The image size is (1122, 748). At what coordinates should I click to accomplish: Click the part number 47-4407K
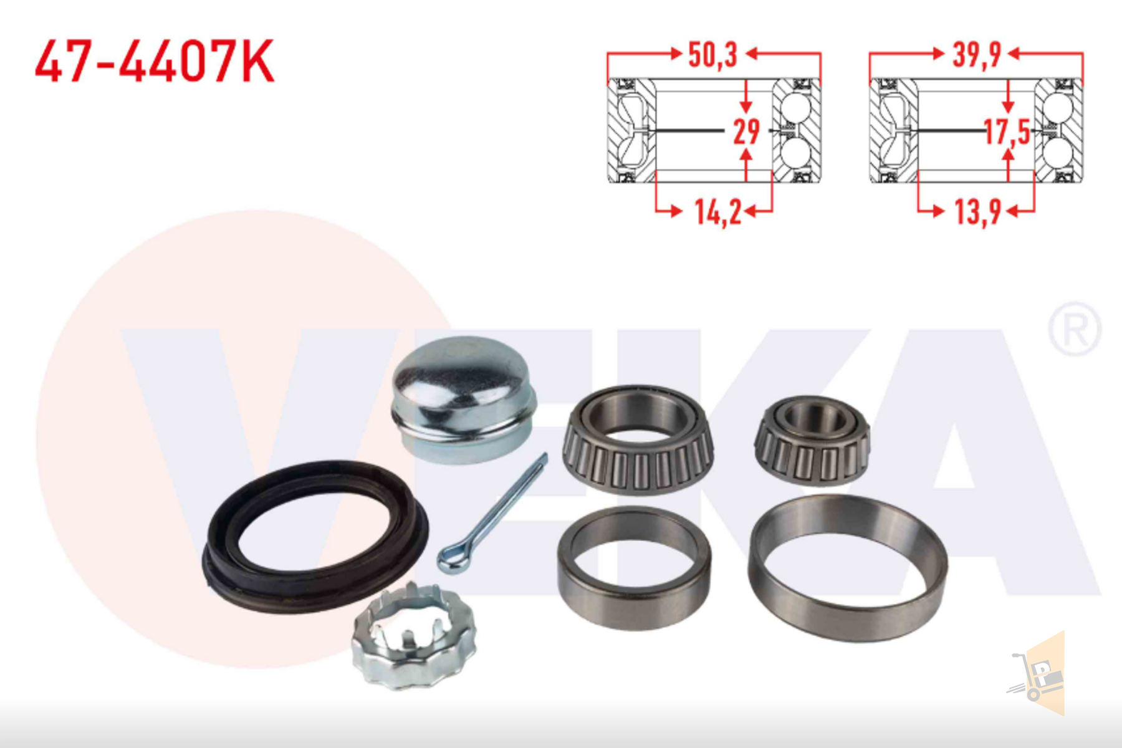(154, 61)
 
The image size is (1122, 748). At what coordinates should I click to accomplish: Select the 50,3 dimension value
(712, 55)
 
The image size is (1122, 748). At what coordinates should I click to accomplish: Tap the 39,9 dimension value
(976, 55)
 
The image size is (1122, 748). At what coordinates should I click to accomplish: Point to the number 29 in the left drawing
(746, 132)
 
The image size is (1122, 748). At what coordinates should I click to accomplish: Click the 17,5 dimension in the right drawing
(1006, 132)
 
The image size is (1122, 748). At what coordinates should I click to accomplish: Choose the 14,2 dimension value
(717, 213)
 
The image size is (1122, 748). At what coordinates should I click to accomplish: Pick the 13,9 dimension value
(977, 213)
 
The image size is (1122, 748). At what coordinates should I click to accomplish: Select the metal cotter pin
(492, 514)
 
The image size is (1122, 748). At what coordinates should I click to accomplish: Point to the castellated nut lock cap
(413, 639)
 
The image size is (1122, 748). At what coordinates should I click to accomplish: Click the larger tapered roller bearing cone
(637, 439)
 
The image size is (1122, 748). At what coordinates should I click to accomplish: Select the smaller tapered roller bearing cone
(812, 439)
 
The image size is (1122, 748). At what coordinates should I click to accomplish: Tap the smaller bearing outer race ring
(634, 567)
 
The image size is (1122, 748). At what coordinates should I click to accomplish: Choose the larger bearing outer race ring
(848, 567)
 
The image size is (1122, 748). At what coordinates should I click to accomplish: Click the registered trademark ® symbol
(1074, 329)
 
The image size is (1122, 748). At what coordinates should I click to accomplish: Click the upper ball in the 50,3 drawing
(796, 109)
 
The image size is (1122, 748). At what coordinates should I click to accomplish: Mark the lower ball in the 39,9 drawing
(1057, 153)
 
